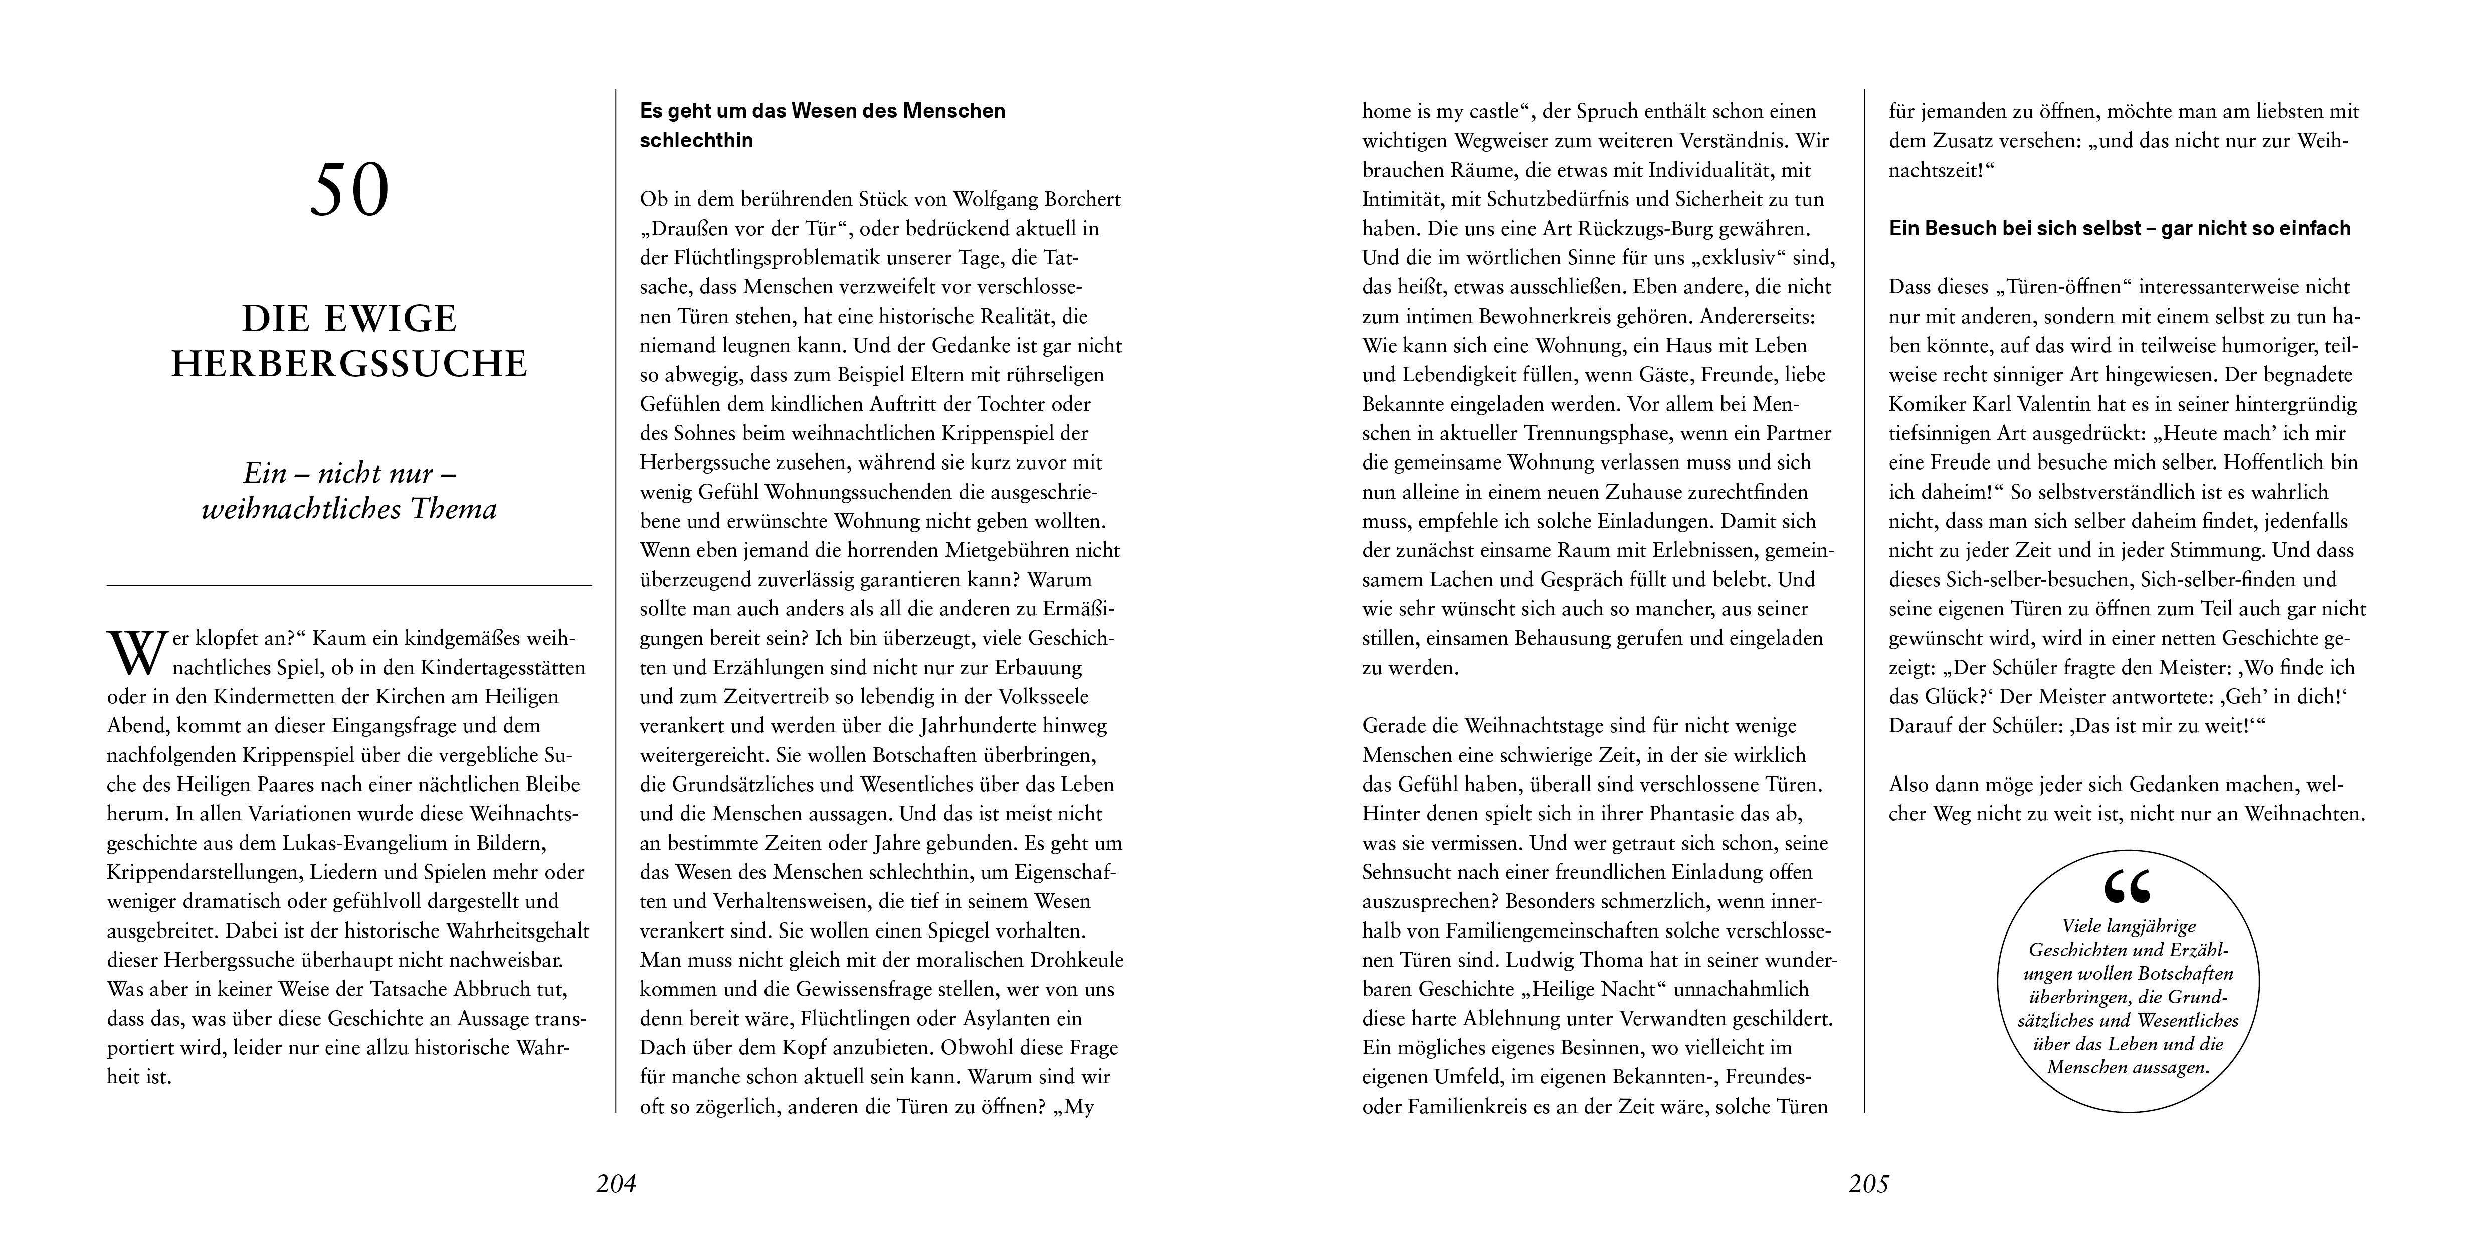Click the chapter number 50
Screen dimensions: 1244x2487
(x=349, y=190)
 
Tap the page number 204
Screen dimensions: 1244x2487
(x=616, y=1183)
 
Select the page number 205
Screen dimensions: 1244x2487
(x=1868, y=1183)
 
